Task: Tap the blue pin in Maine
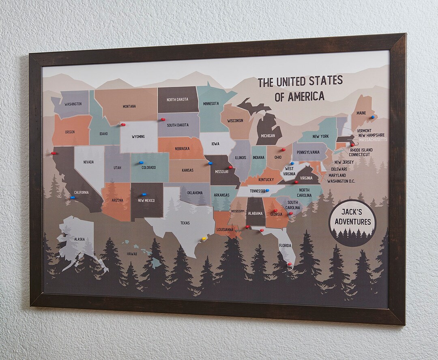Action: pos(372,117)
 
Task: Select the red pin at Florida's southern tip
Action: pos(290,264)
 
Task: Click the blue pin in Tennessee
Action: pos(267,190)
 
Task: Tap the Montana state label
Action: pos(129,107)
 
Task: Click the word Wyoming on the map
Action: pos(138,137)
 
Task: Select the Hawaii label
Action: pos(132,254)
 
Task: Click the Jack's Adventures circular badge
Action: pos(352,222)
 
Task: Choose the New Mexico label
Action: pos(146,200)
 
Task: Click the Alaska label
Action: pos(79,239)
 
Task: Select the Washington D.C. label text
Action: pos(341,181)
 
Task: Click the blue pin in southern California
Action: pos(73,197)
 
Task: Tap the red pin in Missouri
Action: pos(230,167)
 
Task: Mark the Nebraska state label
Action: pos(182,148)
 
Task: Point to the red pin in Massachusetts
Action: pos(352,144)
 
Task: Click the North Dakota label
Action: pos(177,99)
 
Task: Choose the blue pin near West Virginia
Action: pos(292,163)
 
